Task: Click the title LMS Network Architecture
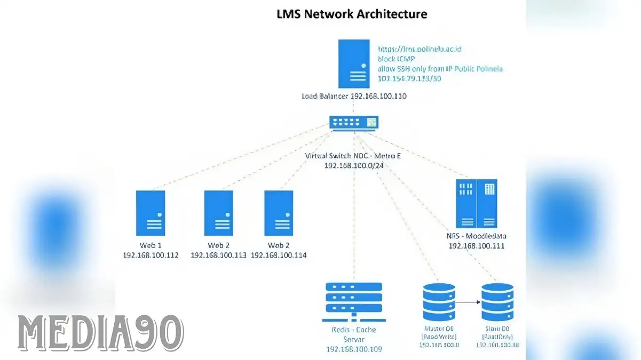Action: [x=352, y=14]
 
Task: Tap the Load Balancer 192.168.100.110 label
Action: [x=354, y=97]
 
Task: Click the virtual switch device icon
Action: [x=354, y=123]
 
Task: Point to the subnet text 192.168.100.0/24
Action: [x=354, y=166]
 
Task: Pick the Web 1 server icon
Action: [x=151, y=213]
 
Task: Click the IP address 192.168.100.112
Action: [x=151, y=255]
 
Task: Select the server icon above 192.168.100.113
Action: [x=219, y=213]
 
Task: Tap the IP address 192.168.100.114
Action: [x=279, y=255]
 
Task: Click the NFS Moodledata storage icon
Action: [x=477, y=204]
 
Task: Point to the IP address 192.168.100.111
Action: [x=477, y=246]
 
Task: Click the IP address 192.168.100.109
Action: [x=354, y=349]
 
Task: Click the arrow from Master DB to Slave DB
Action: [x=468, y=302]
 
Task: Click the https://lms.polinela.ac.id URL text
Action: [x=420, y=49]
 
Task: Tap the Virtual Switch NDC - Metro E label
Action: [x=354, y=156]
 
